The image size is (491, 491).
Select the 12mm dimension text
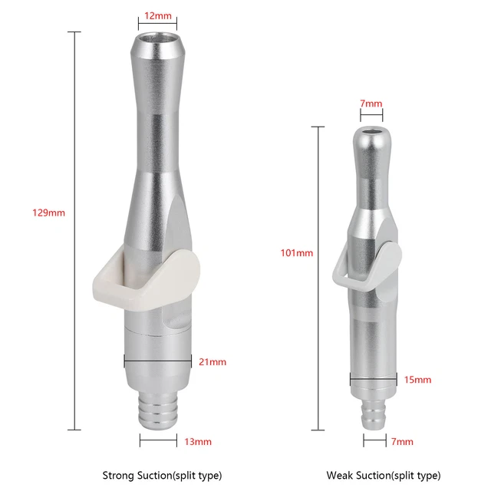pos(157,15)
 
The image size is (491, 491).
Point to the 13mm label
pos(198,441)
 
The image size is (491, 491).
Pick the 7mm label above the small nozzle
pos(371,104)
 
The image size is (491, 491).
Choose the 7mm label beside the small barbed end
pos(402,441)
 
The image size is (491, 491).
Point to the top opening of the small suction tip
pos(371,131)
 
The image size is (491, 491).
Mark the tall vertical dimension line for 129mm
pos(74,230)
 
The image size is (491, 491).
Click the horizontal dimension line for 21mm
pos(157,358)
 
